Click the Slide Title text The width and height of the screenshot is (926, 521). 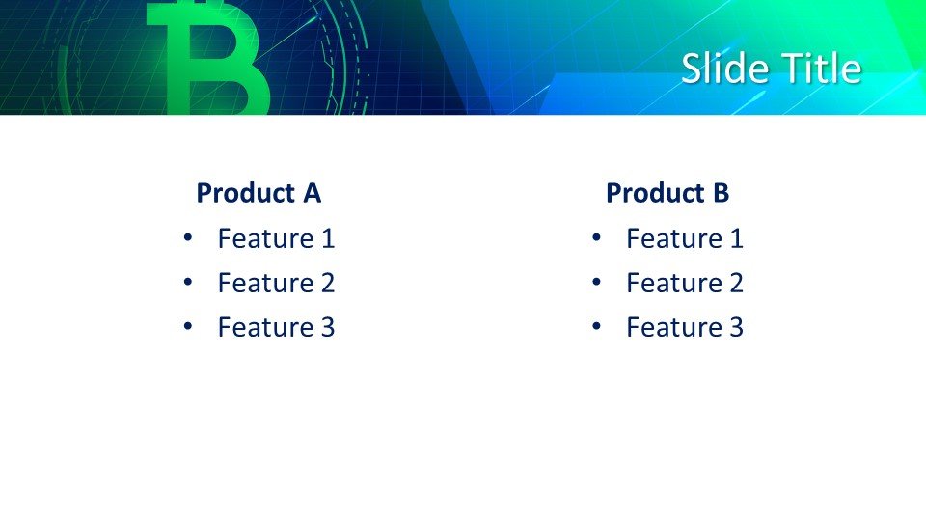click(x=772, y=68)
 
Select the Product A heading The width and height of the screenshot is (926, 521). click(x=259, y=193)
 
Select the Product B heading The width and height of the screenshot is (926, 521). click(x=667, y=193)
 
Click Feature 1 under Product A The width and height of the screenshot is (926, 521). click(x=277, y=238)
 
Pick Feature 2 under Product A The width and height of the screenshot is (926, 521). click(x=277, y=283)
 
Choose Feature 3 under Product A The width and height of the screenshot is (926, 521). click(x=277, y=327)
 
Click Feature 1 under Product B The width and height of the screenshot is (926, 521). click(x=685, y=238)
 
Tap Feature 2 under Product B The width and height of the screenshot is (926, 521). click(x=685, y=283)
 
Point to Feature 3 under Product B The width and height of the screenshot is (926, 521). click(x=685, y=327)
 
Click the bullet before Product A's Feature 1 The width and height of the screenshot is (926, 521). click(x=188, y=237)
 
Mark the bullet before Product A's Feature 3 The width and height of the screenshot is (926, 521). click(x=188, y=326)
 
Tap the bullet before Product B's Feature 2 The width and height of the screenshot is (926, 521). click(x=596, y=282)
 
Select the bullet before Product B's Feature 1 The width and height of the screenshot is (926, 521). click(x=596, y=237)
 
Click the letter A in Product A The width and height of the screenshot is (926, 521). click(x=312, y=193)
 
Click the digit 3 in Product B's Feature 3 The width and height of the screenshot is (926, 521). click(x=736, y=327)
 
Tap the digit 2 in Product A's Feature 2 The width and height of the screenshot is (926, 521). click(x=328, y=283)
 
